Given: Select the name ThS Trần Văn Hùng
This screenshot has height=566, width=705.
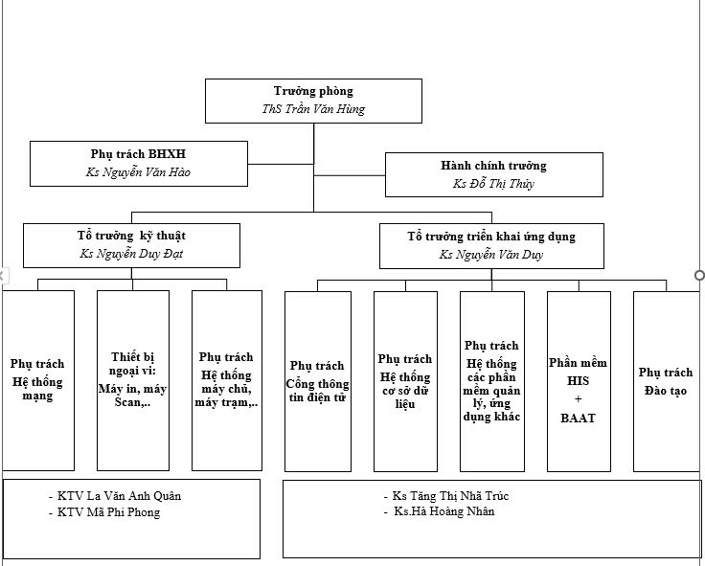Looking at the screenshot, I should (x=313, y=109).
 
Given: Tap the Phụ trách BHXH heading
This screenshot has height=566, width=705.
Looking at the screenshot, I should (x=138, y=153).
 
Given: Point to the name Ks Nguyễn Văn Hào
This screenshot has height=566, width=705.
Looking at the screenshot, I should (x=138, y=173).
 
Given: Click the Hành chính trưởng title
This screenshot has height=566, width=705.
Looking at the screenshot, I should (x=493, y=166).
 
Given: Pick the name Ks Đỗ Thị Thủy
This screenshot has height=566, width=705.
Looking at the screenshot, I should (x=493, y=184).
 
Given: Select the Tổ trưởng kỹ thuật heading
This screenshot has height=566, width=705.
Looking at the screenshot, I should (x=131, y=235).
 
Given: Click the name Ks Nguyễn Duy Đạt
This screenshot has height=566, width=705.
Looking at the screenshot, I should (x=131, y=254).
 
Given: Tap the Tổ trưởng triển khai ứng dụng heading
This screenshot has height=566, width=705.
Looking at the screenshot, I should (x=491, y=236).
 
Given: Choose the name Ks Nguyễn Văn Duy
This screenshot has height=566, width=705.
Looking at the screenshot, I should (x=491, y=255).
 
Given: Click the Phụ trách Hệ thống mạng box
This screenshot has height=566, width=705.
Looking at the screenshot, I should (x=37, y=380).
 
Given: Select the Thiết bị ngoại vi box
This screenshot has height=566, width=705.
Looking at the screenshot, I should (x=132, y=380).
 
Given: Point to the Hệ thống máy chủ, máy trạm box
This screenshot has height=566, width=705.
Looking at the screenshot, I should (x=226, y=380).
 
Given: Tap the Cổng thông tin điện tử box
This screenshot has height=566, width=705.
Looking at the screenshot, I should (x=317, y=380).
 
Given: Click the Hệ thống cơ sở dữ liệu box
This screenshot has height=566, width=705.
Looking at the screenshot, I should (x=404, y=380).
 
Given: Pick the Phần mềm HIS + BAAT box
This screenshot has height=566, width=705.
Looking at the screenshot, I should (x=578, y=380).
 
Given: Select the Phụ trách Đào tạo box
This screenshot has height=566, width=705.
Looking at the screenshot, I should (x=666, y=380).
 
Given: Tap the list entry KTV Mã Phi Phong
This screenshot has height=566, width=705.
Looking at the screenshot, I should (x=108, y=512).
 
